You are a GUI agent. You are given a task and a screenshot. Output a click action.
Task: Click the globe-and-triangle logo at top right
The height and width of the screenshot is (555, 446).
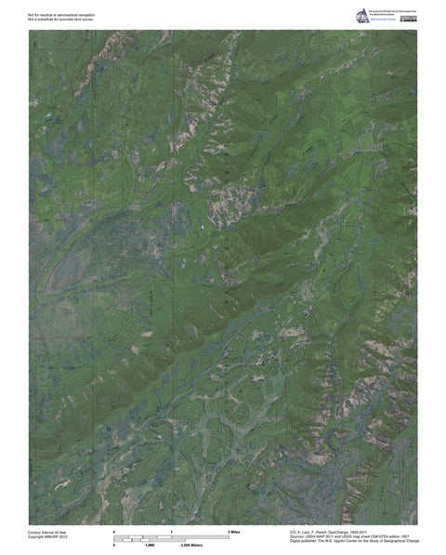pyautogui.click(x=363, y=15)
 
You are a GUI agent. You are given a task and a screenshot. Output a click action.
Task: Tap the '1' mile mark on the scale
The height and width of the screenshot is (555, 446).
pyautogui.click(x=171, y=530)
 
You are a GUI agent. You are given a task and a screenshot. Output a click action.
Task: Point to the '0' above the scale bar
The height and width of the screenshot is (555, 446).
pyautogui.click(x=114, y=530)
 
